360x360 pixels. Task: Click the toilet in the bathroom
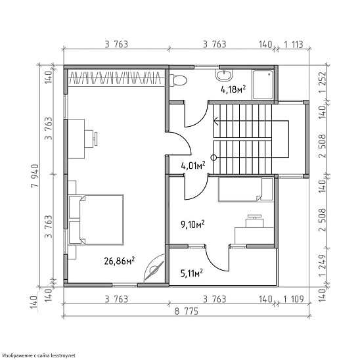[x=178, y=80]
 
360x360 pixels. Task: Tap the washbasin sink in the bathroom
[x=224, y=75]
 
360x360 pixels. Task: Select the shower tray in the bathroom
[x=263, y=85]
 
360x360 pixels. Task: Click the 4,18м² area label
[x=233, y=89]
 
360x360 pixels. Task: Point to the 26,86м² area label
[x=119, y=261]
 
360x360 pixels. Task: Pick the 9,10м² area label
[x=193, y=225]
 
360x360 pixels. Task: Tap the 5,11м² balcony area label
[x=191, y=273]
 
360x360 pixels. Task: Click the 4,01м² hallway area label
[x=193, y=166]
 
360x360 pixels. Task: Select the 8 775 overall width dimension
[x=186, y=311]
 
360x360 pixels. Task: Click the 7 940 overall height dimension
[x=35, y=176]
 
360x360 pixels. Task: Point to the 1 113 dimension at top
[x=294, y=44]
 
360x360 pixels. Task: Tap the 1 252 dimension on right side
[x=323, y=82]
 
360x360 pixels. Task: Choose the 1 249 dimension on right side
[x=323, y=265]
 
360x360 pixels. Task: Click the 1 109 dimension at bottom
[x=294, y=299]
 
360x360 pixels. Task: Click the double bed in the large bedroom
[x=96, y=220]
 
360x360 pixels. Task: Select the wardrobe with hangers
[x=116, y=78]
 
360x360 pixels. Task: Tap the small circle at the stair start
[x=214, y=158]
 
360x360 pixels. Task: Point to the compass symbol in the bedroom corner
[x=154, y=269]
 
